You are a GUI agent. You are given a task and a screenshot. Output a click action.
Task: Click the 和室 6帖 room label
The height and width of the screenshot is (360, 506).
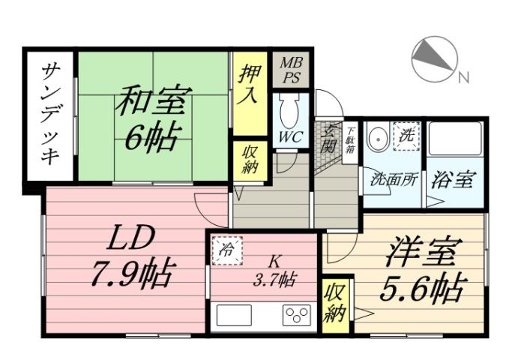coord(153,118)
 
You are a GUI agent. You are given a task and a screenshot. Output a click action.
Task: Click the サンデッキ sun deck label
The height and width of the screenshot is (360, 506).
coord(51,115)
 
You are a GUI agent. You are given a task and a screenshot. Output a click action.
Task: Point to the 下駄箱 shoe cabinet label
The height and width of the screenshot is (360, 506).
coord(350,142)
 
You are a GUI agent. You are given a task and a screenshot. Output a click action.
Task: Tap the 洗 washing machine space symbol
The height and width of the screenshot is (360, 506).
coord(407,137)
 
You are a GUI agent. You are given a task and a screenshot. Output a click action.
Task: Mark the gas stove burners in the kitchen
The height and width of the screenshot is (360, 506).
coord(297,316)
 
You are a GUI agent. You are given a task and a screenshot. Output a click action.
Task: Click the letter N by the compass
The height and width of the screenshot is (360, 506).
coord(464,77)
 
